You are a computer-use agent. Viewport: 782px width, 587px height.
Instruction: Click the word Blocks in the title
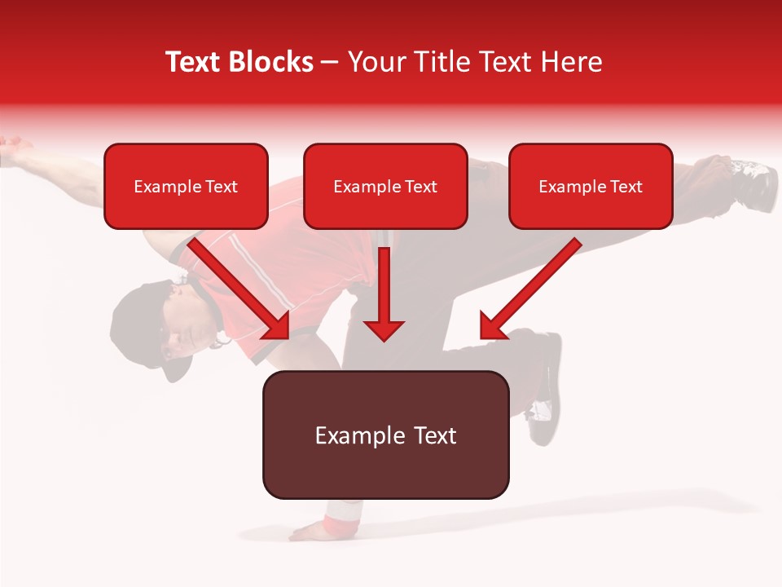tap(273, 62)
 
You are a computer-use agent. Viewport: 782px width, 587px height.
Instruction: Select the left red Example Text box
tap(186, 187)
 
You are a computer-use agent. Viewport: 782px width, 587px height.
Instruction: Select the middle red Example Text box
tap(385, 187)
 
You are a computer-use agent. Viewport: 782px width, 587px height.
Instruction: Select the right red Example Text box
tap(591, 187)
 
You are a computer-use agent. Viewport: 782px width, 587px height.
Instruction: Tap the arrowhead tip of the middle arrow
tap(384, 338)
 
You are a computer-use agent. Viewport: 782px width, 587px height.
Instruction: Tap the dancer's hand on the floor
tap(314, 532)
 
